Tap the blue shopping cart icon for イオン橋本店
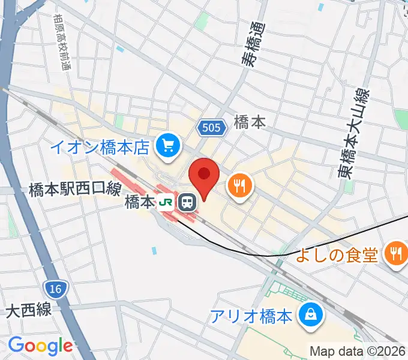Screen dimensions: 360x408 (x=167, y=145)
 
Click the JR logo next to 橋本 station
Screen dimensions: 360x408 (x=166, y=203)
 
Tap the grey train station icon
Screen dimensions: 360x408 (x=188, y=203)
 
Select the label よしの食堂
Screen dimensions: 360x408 (x=337, y=255)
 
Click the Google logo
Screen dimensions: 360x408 (x=40, y=346)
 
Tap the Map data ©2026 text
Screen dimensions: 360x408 (x=358, y=350)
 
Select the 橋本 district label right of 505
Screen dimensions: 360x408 (x=250, y=122)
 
